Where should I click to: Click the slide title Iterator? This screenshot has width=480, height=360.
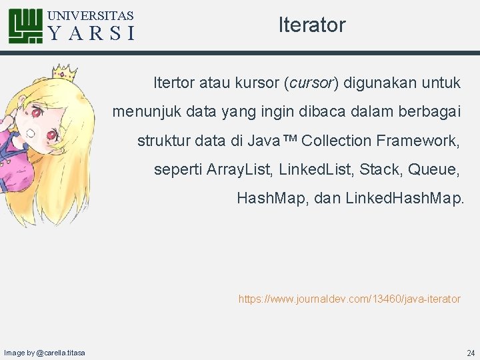pos(312,25)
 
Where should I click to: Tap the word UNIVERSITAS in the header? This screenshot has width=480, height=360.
pos(91,15)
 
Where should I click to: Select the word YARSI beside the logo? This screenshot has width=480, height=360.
pos(91,33)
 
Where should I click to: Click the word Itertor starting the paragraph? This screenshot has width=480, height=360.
pos(175,83)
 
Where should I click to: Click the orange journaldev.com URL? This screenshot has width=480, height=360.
pos(349,299)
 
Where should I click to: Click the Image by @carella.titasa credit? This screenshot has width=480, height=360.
pos(45,352)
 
